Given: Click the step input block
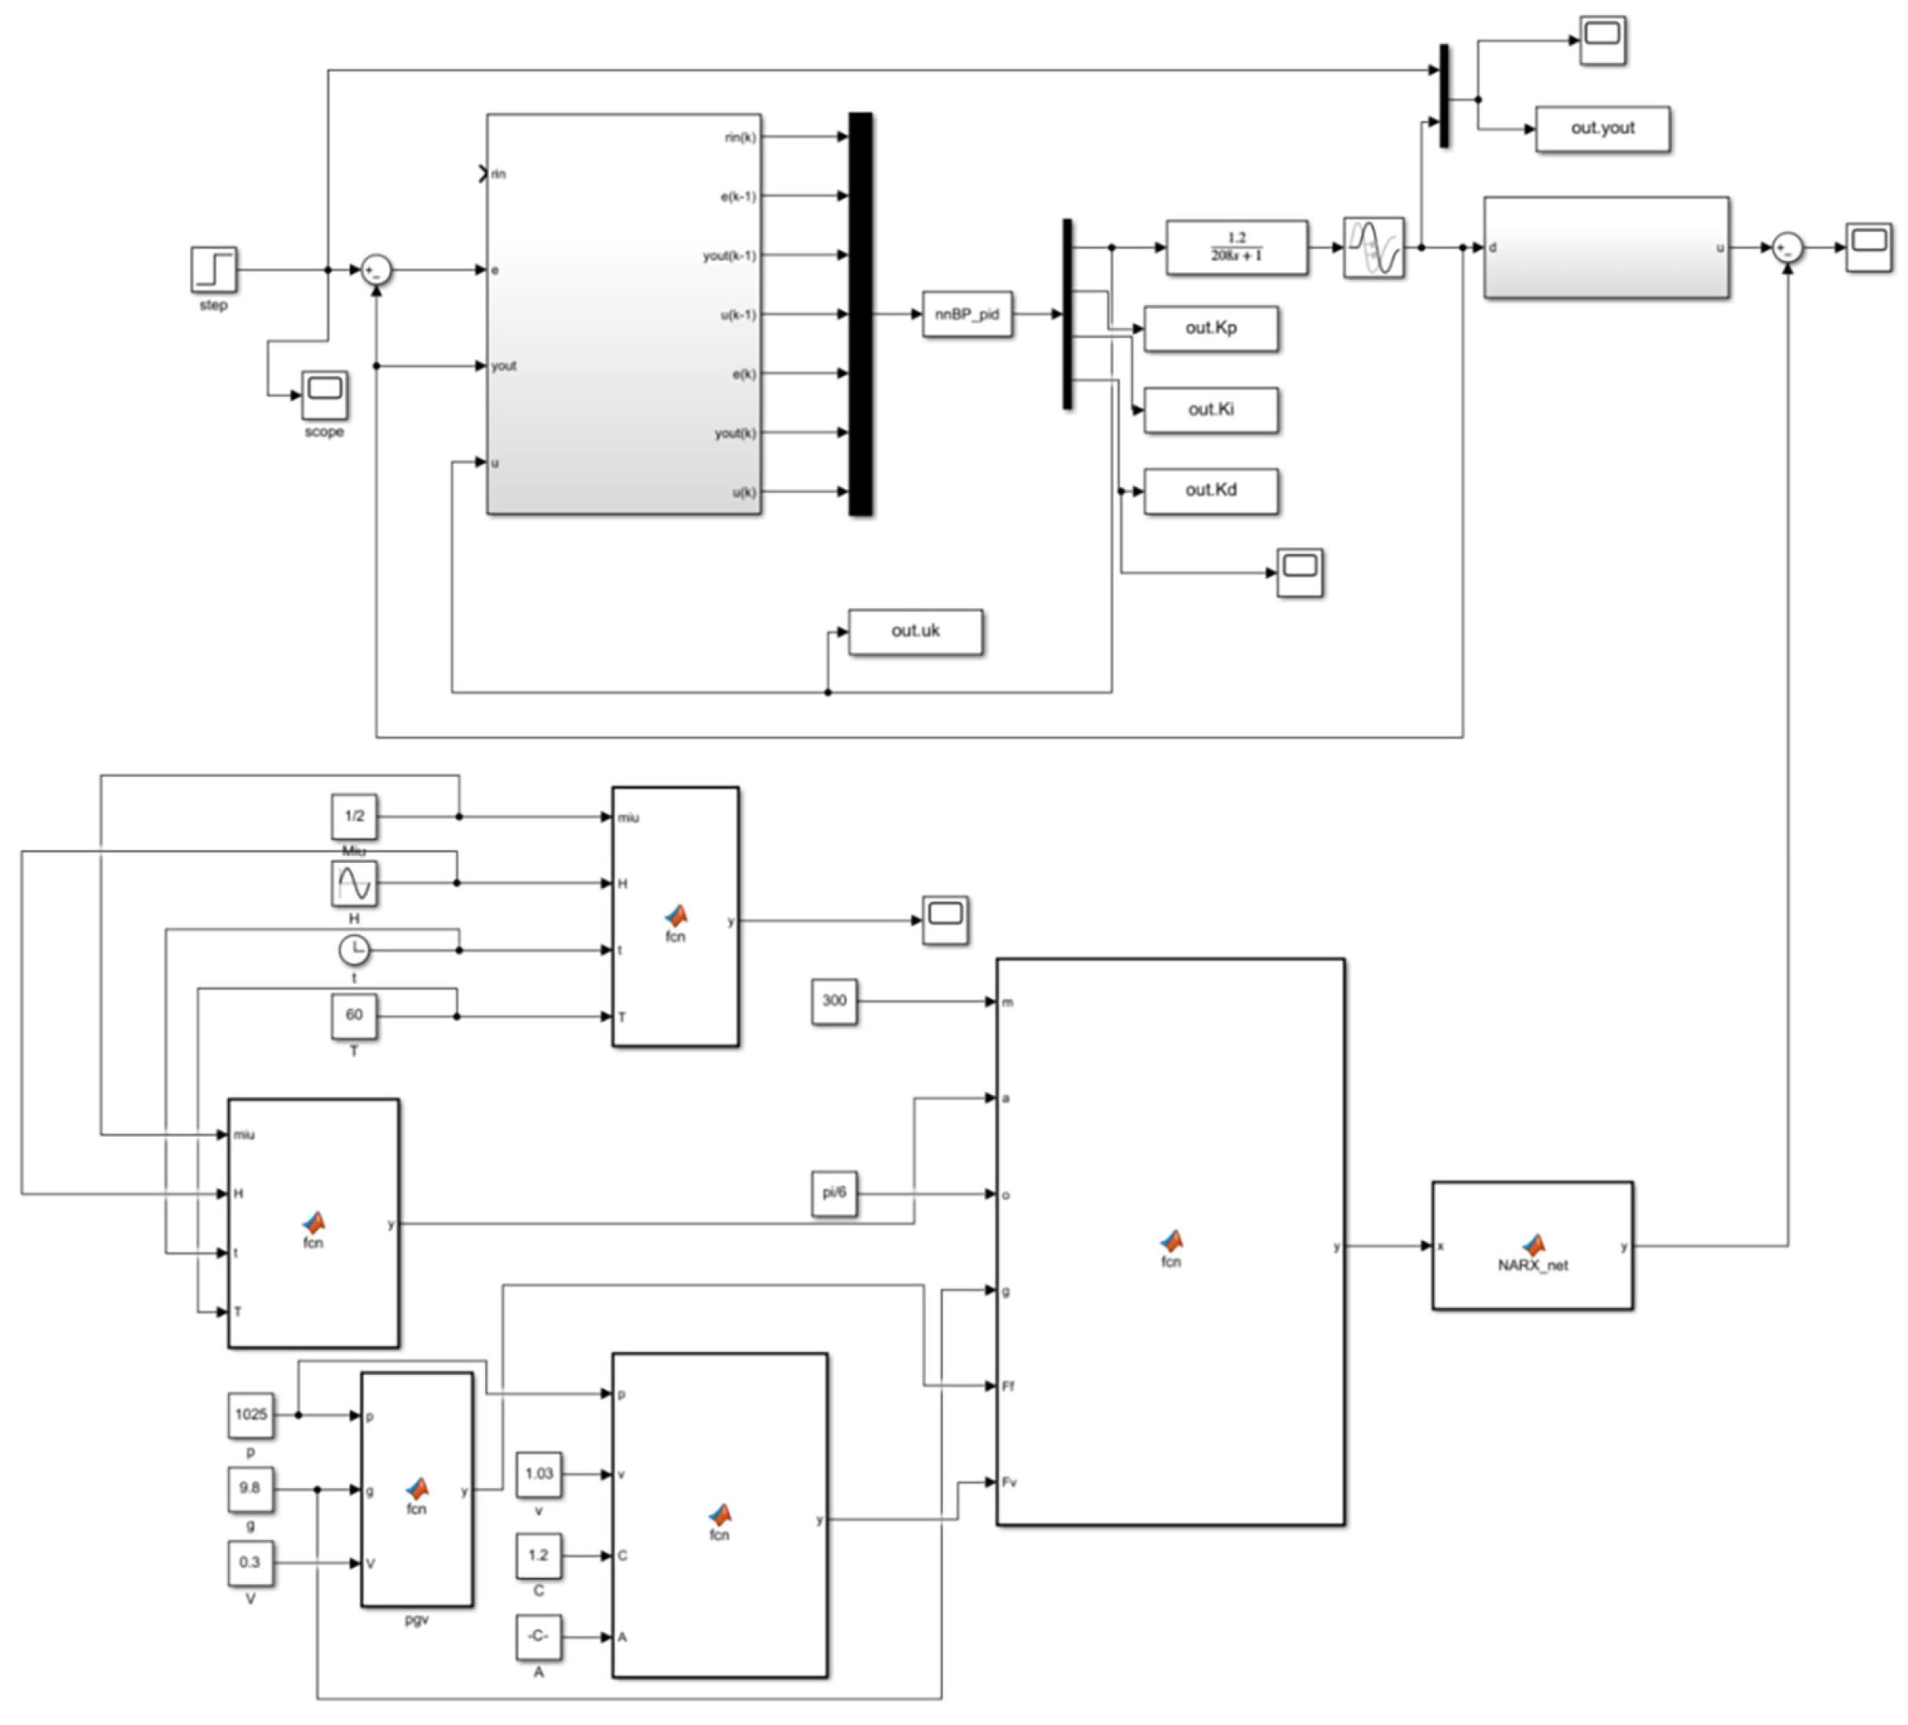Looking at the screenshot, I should (214, 270).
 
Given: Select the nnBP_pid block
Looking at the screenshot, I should (966, 315).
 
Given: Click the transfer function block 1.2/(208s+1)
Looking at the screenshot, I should (1236, 248).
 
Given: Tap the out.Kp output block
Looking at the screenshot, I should (1211, 329).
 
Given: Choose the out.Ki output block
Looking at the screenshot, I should (1211, 410).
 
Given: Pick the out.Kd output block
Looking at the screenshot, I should (1211, 490).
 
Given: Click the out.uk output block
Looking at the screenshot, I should (915, 632).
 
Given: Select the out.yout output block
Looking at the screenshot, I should (1601, 129).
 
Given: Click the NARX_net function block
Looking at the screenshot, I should (1531, 1246).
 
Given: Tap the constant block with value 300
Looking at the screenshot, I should (834, 1001).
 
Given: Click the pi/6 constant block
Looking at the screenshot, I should (834, 1193).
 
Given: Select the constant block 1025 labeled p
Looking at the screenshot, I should (251, 1414).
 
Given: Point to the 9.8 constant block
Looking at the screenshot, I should (250, 1488).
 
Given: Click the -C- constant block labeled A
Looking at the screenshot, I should (539, 1637).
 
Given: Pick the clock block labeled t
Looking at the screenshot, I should (354, 949).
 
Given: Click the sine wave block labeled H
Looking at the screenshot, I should (354, 883).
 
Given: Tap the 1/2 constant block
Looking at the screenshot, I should (354, 816).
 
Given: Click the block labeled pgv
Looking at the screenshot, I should (417, 1489).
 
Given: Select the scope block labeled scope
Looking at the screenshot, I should (325, 395).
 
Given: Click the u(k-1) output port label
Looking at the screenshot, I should (738, 315).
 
